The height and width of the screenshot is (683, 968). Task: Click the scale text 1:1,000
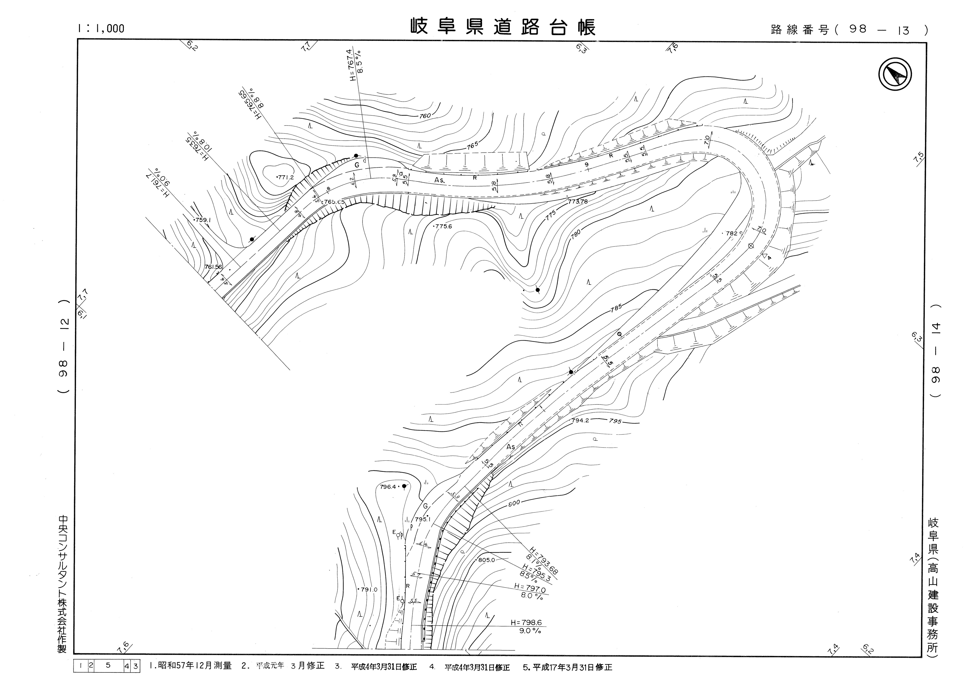pyautogui.click(x=101, y=28)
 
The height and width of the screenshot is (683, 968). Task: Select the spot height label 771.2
pyautogui.click(x=286, y=177)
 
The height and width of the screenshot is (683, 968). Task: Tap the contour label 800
pyautogui.click(x=514, y=502)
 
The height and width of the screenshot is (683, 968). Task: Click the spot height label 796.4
pyautogui.click(x=388, y=486)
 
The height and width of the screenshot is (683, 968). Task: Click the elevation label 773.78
pyautogui.click(x=578, y=201)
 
